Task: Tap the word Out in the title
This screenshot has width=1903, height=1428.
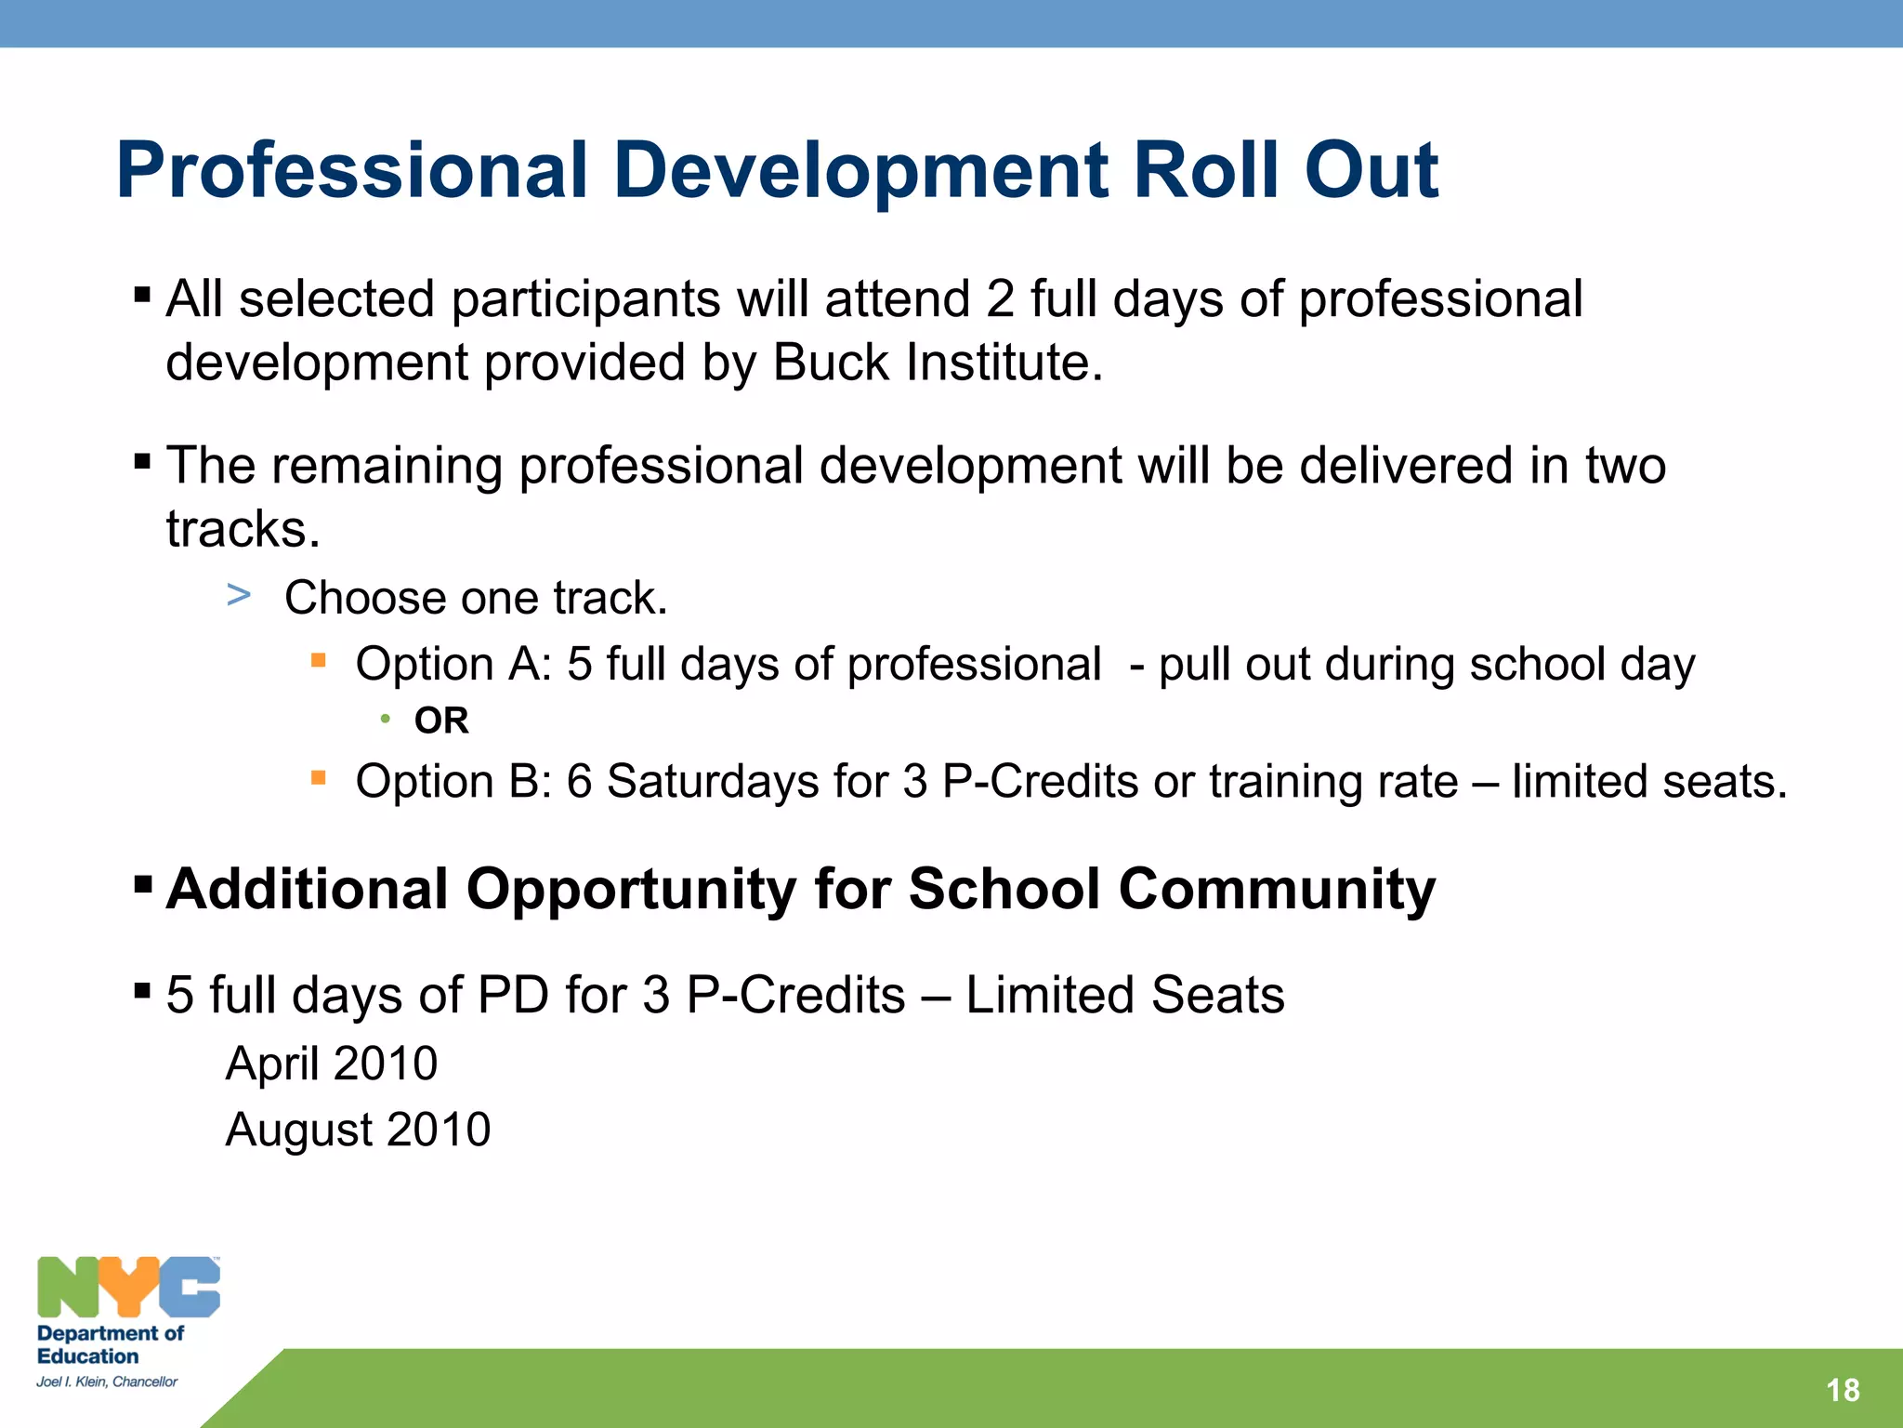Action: coord(1371,171)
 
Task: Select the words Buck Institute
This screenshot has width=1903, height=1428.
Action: coord(937,363)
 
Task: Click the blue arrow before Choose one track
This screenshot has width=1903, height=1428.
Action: coord(239,595)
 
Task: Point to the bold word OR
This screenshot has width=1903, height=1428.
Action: coord(441,721)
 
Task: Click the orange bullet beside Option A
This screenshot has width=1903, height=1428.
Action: coord(319,661)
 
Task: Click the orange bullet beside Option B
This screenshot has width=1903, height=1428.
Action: coord(319,778)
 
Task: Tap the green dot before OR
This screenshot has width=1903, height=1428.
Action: coord(385,719)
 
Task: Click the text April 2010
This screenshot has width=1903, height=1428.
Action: coord(331,1063)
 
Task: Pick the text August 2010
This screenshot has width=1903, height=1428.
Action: coord(358,1130)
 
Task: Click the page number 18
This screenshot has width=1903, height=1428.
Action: coord(1842,1390)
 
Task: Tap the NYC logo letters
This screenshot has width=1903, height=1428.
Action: coord(128,1288)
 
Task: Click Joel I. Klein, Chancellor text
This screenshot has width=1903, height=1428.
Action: coord(107,1382)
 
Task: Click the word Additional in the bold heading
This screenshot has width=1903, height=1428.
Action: coord(308,889)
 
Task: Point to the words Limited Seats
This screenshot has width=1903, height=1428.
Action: coord(1124,995)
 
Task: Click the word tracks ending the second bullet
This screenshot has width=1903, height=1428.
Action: coord(243,530)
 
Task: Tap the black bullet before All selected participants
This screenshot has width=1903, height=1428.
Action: coord(142,296)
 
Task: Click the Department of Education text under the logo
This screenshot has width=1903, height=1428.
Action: coord(109,1344)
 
